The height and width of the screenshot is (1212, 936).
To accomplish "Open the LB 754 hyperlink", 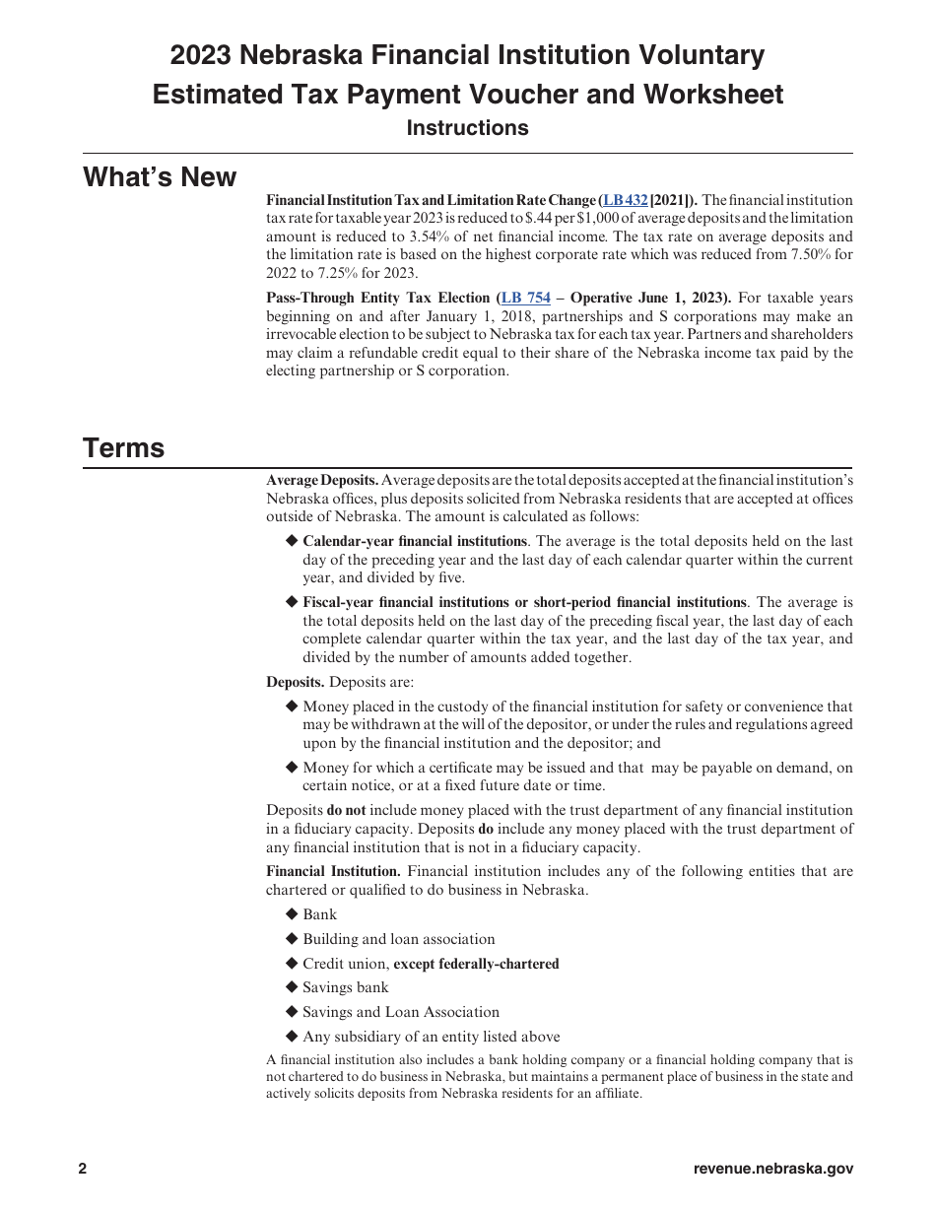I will (x=525, y=298).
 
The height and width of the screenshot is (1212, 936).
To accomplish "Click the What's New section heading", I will (x=160, y=177).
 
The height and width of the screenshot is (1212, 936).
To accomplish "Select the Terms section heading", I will (x=124, y=448).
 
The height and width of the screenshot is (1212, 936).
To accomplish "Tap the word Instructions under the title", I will (x=467, y=128).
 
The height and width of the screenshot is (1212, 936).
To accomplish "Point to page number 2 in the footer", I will (x=83, y=1169).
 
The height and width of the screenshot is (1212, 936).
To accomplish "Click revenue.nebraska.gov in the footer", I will (x=773, y=1169).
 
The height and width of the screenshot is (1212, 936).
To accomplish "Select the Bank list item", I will (x=319, y=914).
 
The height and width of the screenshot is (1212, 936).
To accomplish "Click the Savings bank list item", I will (x=345, y=987).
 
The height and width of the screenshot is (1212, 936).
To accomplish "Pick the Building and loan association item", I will (x=398, y=939).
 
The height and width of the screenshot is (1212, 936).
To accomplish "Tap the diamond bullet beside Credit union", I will (x=292, y=963).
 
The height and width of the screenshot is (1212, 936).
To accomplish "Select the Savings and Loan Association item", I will (x=400, y=1012).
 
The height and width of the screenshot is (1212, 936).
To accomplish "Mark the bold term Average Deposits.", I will (x=322, y=480).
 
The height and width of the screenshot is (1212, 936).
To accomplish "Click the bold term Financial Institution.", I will (x=333, y=871).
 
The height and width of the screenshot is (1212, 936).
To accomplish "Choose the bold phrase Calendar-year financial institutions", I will (x=414, y=541).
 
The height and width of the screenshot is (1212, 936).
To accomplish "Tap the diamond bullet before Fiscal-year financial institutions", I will (x=292, y=602).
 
